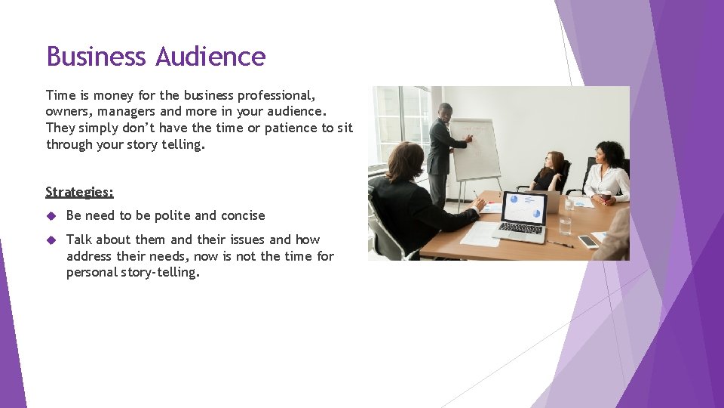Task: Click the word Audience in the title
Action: pyautogui.click(x=210, y=57)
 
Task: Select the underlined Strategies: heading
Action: pyautogui.click(x=79, y=192)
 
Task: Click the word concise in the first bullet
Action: pyautogui.click(x=241, y=215)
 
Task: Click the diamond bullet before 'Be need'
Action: pyautogui.click(x=52, y=216)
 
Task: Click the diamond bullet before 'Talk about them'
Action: pyautogui.click(x=52, y=240)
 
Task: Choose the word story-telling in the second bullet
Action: pyautogui.click(x=160, y=272)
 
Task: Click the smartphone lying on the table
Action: pyautogui.click(x=587, y=242)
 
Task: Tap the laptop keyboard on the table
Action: pyautogui.click(x=520, y=227)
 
